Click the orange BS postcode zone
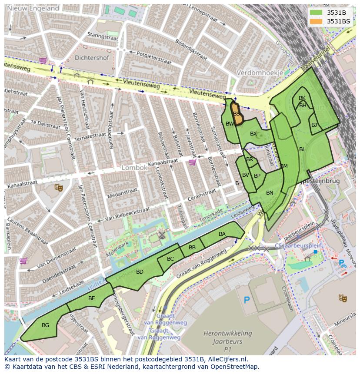[236, 114]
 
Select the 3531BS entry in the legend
[338, 21]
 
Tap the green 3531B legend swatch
[316, 13]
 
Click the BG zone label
[45, 325]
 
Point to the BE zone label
[91, 298]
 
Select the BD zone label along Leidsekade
[140, 272]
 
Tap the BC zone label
[170, 259]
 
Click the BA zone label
[222, 234]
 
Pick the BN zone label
[270, 193]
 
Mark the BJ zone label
[314, 125]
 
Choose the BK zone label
[302, 99]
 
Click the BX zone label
[253, 134]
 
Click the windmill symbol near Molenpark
[162, 235]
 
